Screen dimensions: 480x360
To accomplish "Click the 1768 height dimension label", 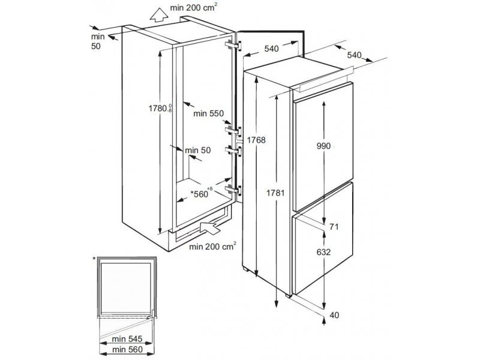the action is (x=256, y=140).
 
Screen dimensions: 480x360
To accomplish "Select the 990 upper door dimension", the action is (x=324, y=146).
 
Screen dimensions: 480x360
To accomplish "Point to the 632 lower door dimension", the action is (x=324, y=253).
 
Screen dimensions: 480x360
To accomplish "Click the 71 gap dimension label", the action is (x=335, y=227).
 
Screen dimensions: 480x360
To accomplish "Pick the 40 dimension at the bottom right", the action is (x=334, y=314).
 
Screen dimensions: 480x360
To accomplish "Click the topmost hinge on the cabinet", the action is (x=233, y=46).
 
